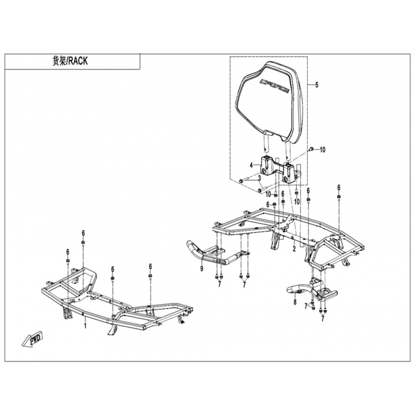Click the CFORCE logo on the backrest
point(274,86)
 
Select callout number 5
point(317,85)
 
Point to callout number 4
point(251,165)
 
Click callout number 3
point(260,177)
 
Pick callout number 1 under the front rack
point(85,326)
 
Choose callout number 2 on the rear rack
point(294,248)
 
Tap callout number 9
point(202,269)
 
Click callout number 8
point(295,302)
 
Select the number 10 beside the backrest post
point(322,150)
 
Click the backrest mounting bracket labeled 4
point(281,170)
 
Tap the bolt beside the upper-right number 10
point(312,149)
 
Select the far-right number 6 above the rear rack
point(339,187)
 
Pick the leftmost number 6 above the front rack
point(68,252)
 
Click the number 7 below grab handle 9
point(219,284)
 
